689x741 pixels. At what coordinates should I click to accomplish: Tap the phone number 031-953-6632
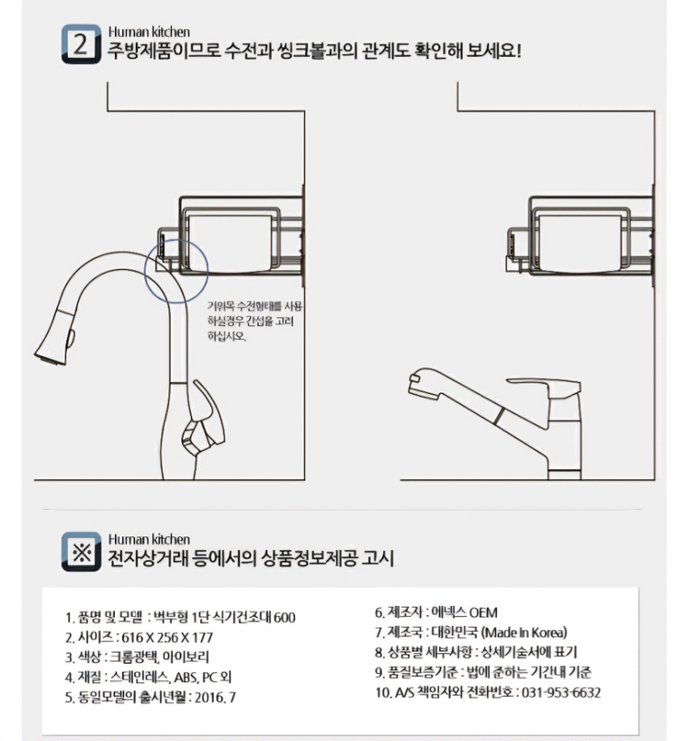click(x=560, y=692)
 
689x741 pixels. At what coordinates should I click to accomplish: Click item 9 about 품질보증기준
click(x=483, y=672)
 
